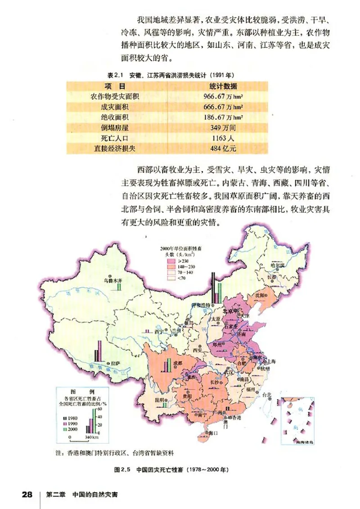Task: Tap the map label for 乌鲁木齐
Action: click(112, 279)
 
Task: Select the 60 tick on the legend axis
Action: click(99, 409)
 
